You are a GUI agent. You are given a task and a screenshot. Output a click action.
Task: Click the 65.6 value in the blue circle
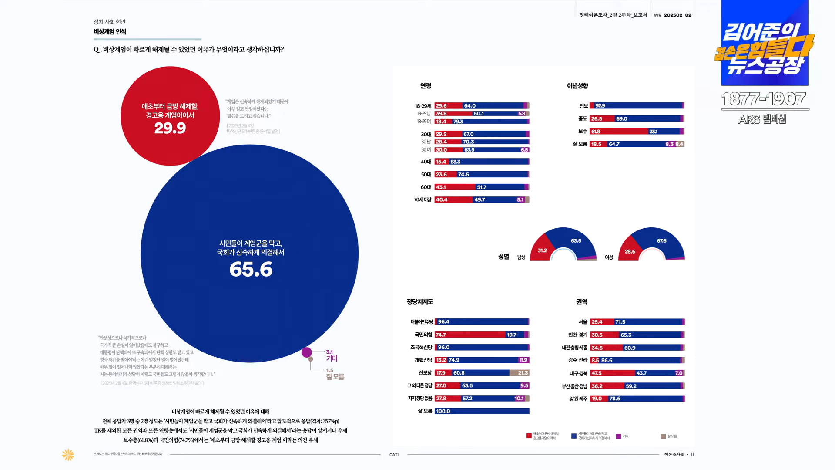tap(251, 269)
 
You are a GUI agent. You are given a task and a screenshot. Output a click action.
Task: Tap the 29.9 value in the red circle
tap(170, 128)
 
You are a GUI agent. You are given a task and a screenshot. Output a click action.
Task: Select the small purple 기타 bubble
tap(307, 352)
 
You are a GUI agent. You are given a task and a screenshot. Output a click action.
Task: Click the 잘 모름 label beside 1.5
tap(335, 377)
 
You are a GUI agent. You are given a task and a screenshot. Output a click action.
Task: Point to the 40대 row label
tap(426, 162)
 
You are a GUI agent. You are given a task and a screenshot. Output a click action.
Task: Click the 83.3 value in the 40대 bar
tap(455, 162)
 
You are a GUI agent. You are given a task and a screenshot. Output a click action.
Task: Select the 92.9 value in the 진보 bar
tap(600, 106)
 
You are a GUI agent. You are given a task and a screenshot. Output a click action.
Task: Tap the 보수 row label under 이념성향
tap(583, 132)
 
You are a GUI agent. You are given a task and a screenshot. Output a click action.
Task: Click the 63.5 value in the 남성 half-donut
tap(576, 241)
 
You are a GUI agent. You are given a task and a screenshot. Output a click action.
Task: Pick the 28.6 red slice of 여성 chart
tap(630, 252)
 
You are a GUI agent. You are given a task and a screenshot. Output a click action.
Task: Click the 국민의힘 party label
tap(423, 335)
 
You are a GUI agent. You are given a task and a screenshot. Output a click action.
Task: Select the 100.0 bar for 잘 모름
tap(482, 411)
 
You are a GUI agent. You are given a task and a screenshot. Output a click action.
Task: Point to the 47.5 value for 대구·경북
tap(596, 373)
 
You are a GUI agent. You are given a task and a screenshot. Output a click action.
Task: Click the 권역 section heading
tap(581, 302)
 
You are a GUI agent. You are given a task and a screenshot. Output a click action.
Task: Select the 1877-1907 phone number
tap(764, 99)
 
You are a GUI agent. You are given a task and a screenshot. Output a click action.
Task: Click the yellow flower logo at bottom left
tap(68, 455)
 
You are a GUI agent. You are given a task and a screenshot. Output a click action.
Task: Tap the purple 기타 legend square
tap(618, 436)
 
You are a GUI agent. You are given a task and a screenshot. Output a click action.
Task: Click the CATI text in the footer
tap(394, 455)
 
